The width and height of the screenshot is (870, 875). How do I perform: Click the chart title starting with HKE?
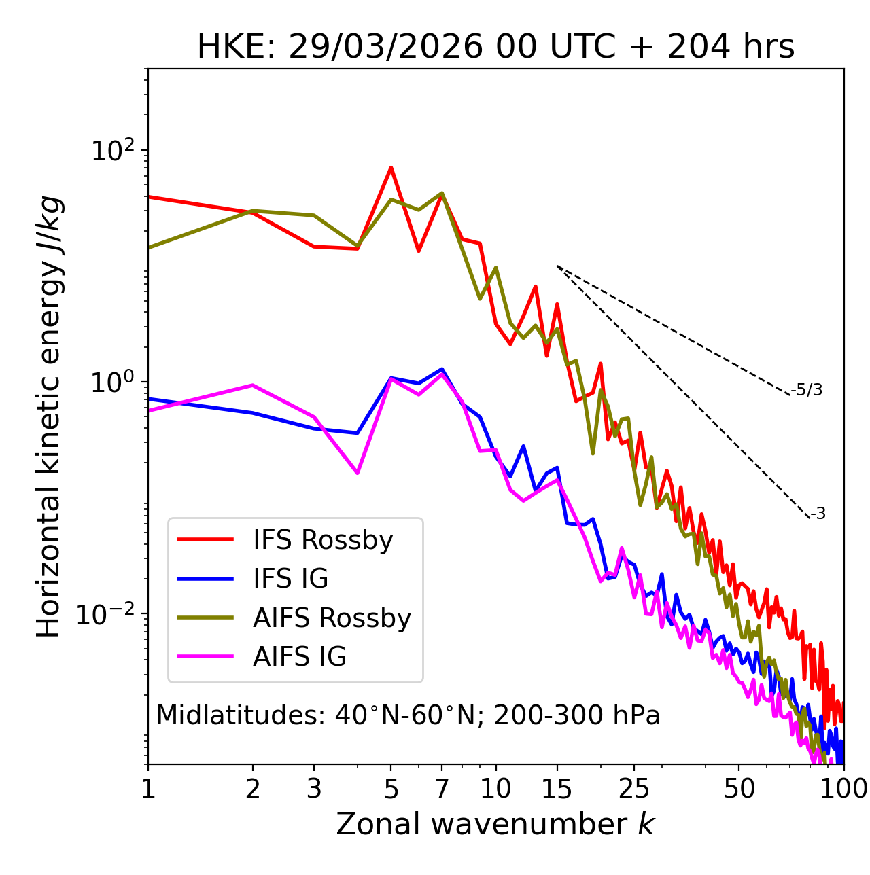[x=495, y=48]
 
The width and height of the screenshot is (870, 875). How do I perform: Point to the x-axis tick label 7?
[x=442, y=789]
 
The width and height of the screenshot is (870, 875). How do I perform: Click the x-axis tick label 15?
[x=557, y=789]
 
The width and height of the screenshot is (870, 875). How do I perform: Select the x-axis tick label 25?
[x=634, y=789]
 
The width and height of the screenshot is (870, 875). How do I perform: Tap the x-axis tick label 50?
[x=739, y=789]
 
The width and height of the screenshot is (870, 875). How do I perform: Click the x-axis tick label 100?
[x=843, y=789]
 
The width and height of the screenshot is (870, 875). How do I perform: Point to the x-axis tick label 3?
[x=314, y=789]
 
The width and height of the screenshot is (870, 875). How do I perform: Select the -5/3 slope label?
[x=807, y=390]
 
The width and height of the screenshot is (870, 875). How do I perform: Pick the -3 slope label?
[x=818, y=514]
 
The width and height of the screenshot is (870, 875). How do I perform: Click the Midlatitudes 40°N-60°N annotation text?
[x=408, y=715]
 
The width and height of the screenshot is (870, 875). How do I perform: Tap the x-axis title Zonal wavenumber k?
[x=495, y=824]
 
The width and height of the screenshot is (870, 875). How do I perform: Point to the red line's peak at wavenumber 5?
[x=391, y=167]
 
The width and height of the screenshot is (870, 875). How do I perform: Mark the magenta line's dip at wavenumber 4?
[x=358, y=473]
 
